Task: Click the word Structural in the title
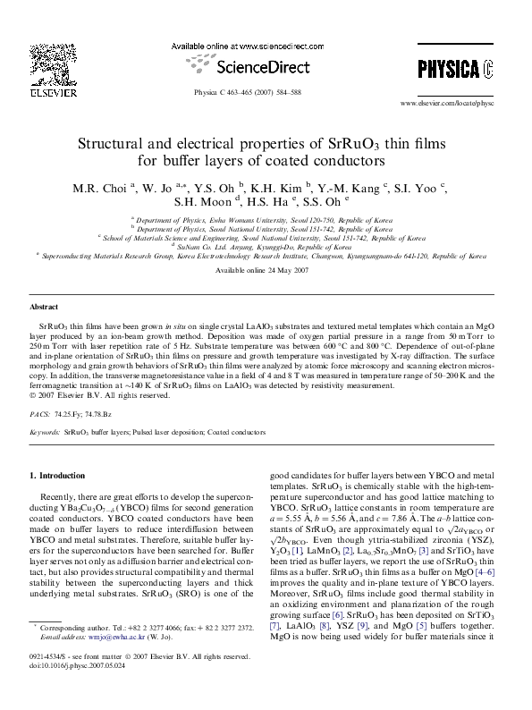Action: pos(113,143)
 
